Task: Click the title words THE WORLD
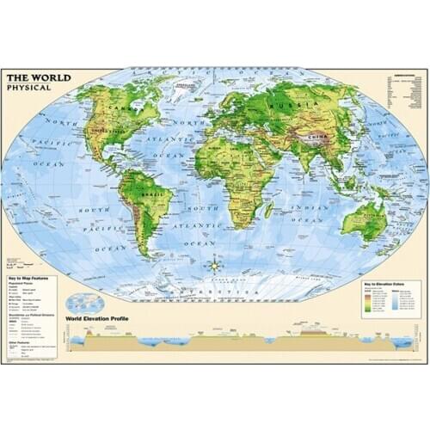tap(39, 77)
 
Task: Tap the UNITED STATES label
tap(120, 138)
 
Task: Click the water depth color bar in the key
tap(394, 297)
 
